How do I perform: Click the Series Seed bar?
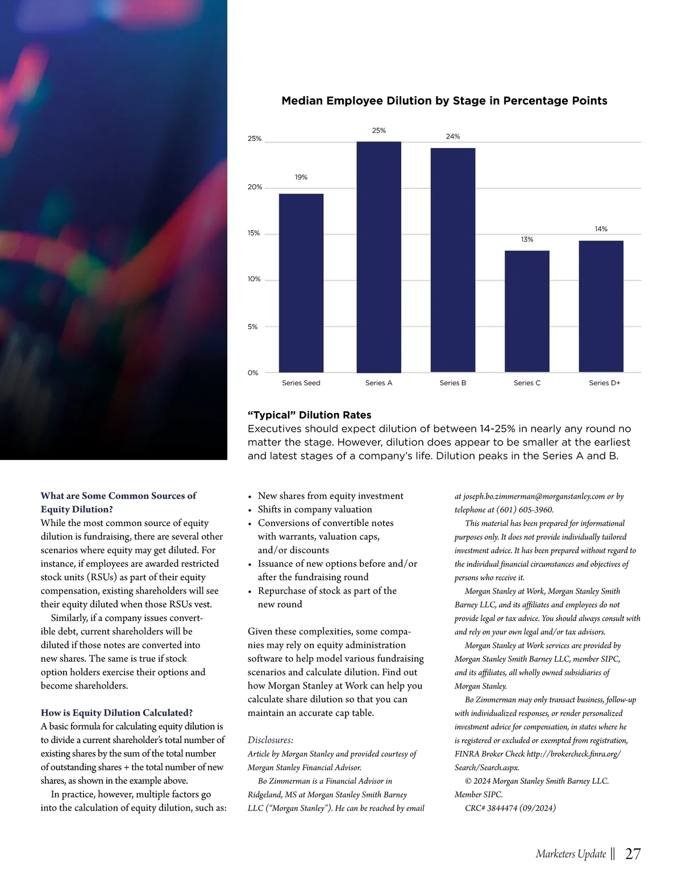coord(301,283)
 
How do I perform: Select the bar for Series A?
coord(379,257)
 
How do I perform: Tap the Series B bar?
coord(453,260)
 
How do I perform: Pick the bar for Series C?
coord(527,311)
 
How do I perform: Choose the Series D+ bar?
coord(601,306)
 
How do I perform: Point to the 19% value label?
coord(301,177)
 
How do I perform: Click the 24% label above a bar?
coord(453,136)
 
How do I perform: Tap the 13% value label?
coord(527,240)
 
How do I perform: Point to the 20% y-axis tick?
coord(255,187)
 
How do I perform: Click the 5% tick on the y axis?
coord(253,327)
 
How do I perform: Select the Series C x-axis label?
coord(527,383)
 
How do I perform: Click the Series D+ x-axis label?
coord(605,383)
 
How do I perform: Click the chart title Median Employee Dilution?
coord(444,101)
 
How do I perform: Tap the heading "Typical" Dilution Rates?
coord(309,415)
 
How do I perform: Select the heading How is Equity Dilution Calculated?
coord(117,712)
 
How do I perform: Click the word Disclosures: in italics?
coord(271,740)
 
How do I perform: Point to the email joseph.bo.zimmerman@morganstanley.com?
coord(534,496)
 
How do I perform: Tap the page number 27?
coord(633,854)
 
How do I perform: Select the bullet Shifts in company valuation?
coord(315,509)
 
